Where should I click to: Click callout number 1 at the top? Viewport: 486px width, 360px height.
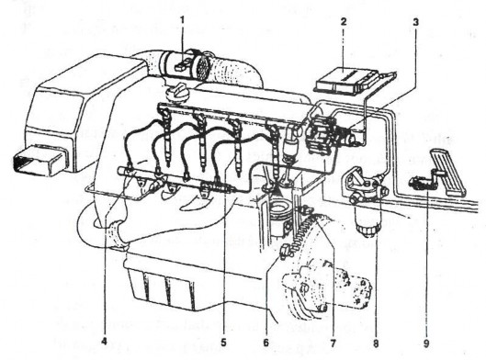182,18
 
